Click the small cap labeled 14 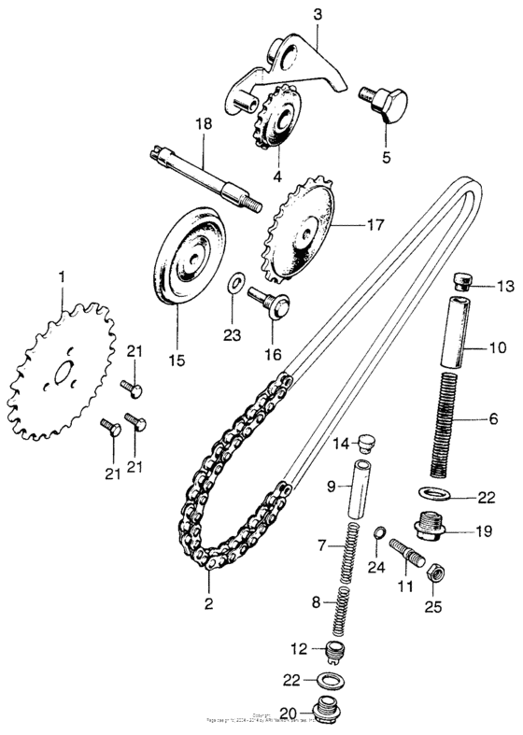(x=366, y=441)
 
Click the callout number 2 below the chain (x=208, y=603)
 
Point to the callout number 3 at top (x=318, y=14)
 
